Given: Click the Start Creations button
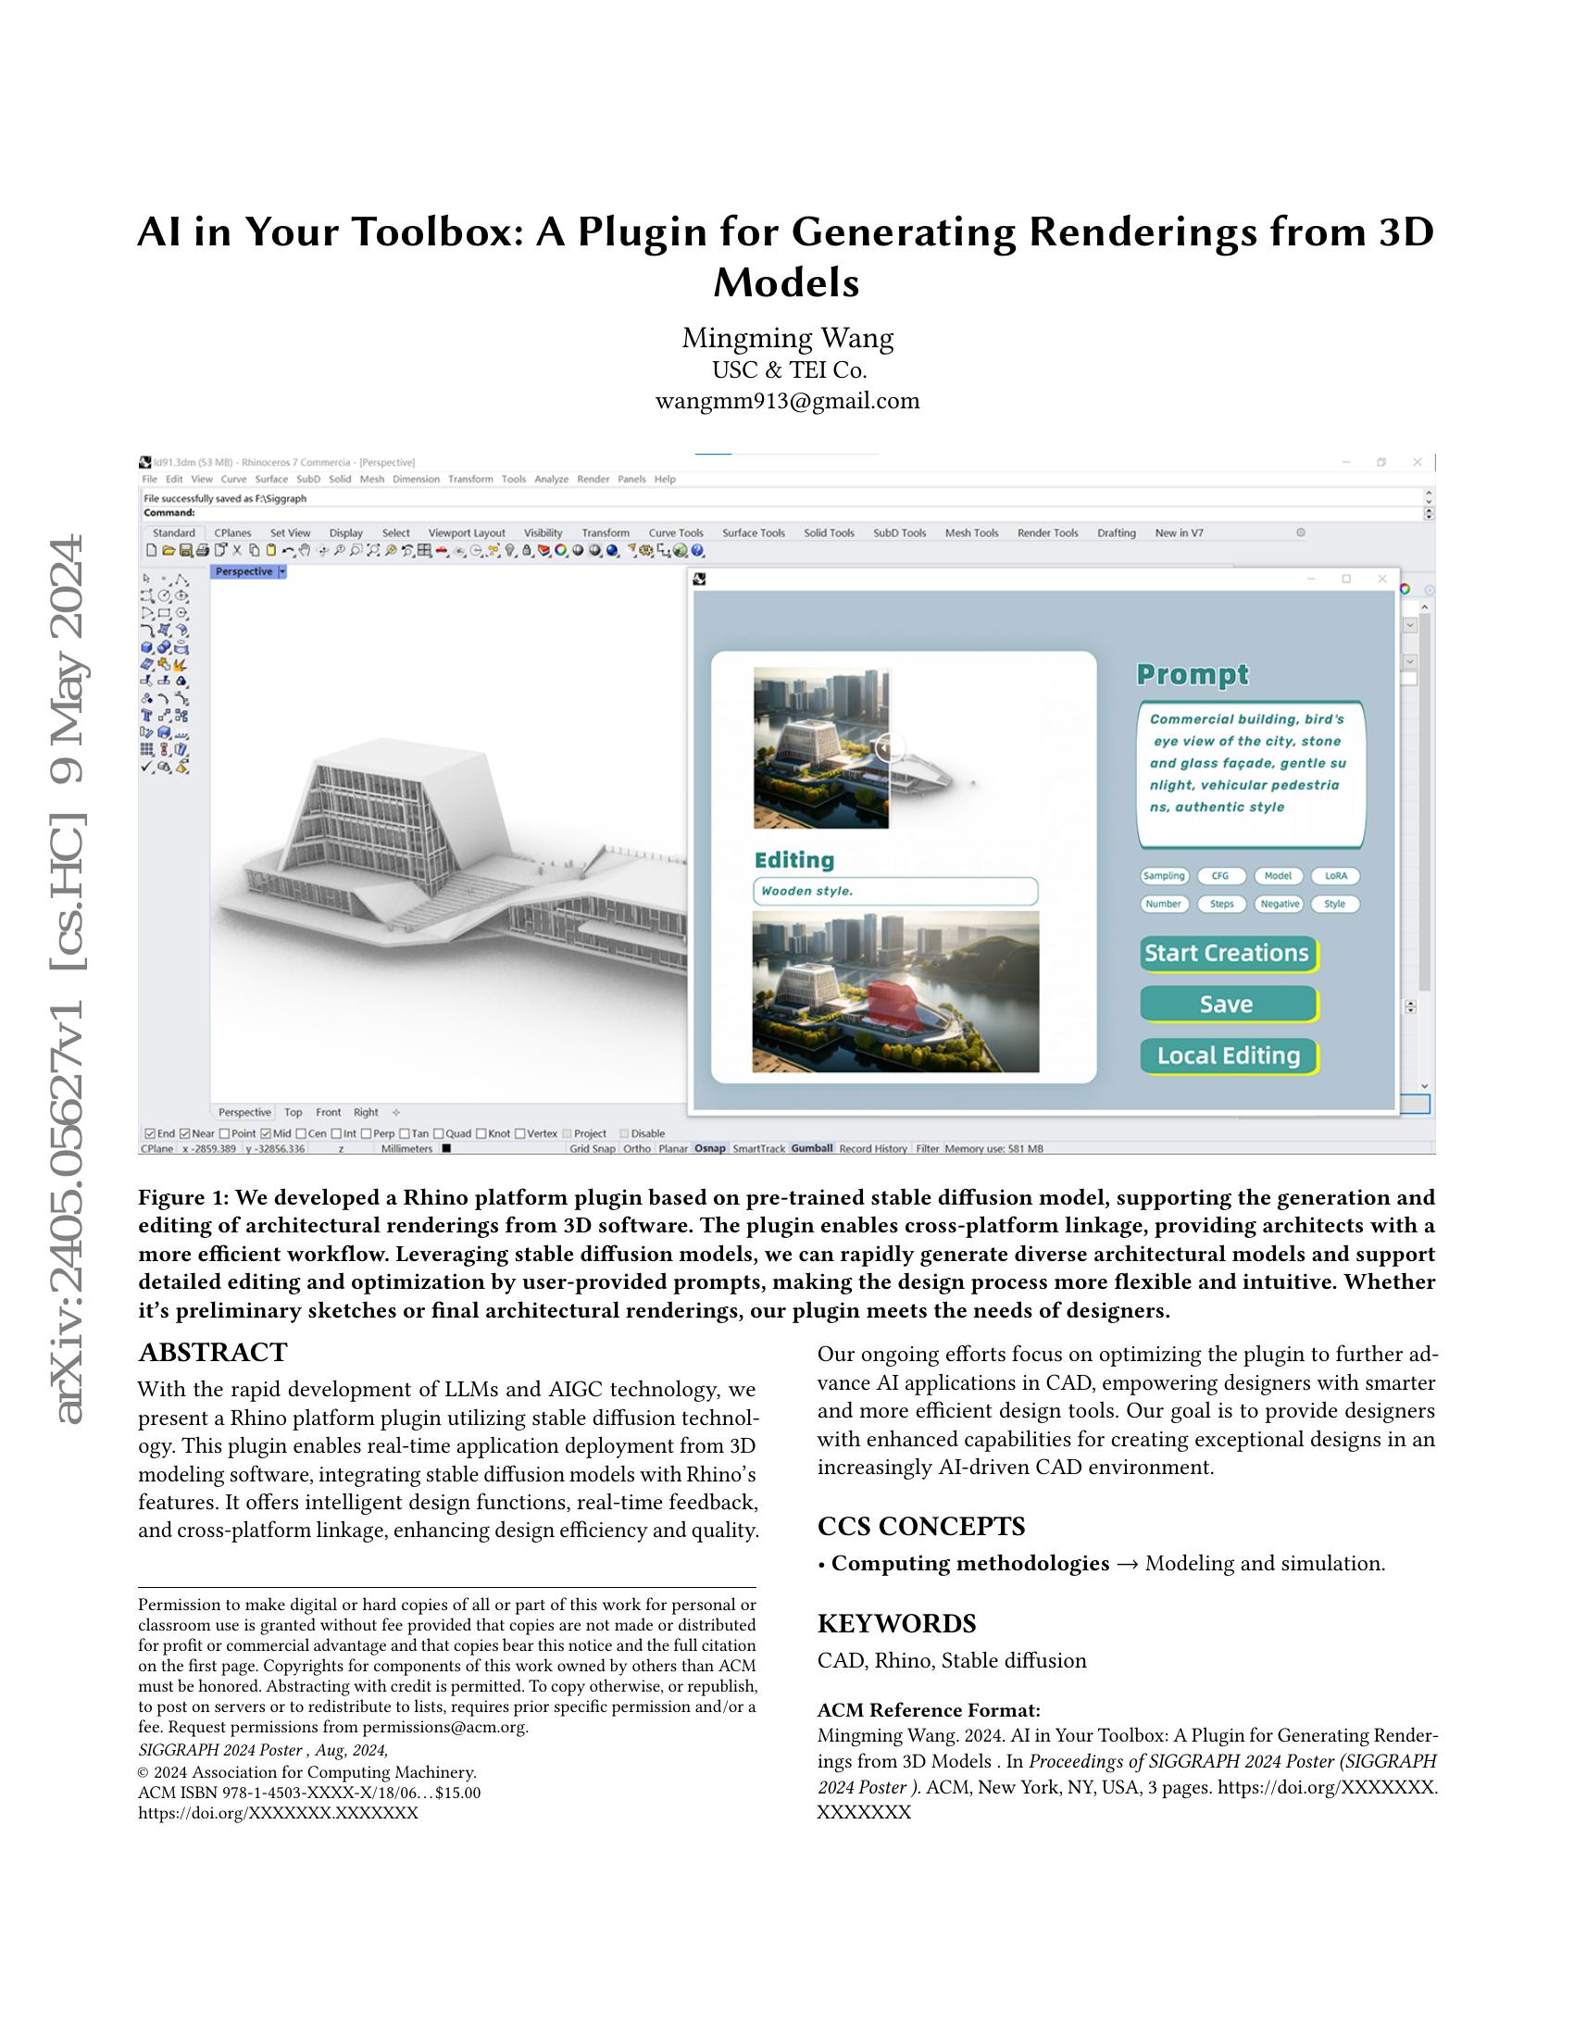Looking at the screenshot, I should (x=1227, y=953).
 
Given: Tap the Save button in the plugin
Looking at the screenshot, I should (x=1227, y=1005).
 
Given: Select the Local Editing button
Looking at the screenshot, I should (x=1227, y=1056).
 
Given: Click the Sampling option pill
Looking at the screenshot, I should (x=1164, y=876).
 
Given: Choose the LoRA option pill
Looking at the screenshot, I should (x=1335, y=876).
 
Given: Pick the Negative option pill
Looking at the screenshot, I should (x=1279, y=904).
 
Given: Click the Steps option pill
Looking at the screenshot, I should (x=1221, y=904).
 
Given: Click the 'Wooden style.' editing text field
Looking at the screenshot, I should (x=894, y=891).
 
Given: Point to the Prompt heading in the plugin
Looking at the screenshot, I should (x=1193, y=674).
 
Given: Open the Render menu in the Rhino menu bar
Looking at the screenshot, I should (x=593, y=480).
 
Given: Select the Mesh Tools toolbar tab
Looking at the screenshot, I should (x=971, y=533).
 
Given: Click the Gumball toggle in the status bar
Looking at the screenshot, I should (x=811, y=1148).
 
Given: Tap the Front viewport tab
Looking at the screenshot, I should (x=329, y=1113).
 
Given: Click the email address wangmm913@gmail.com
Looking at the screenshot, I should (x=787, y=401).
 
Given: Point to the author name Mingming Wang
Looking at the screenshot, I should (x=787, y=338).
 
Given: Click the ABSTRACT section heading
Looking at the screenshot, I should (x=213, y=1353).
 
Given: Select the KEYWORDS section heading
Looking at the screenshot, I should (x=896, y=1624).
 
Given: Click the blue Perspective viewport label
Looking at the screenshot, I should (x=244, y=571).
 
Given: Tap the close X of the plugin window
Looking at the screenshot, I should (x=1382, y=580).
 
